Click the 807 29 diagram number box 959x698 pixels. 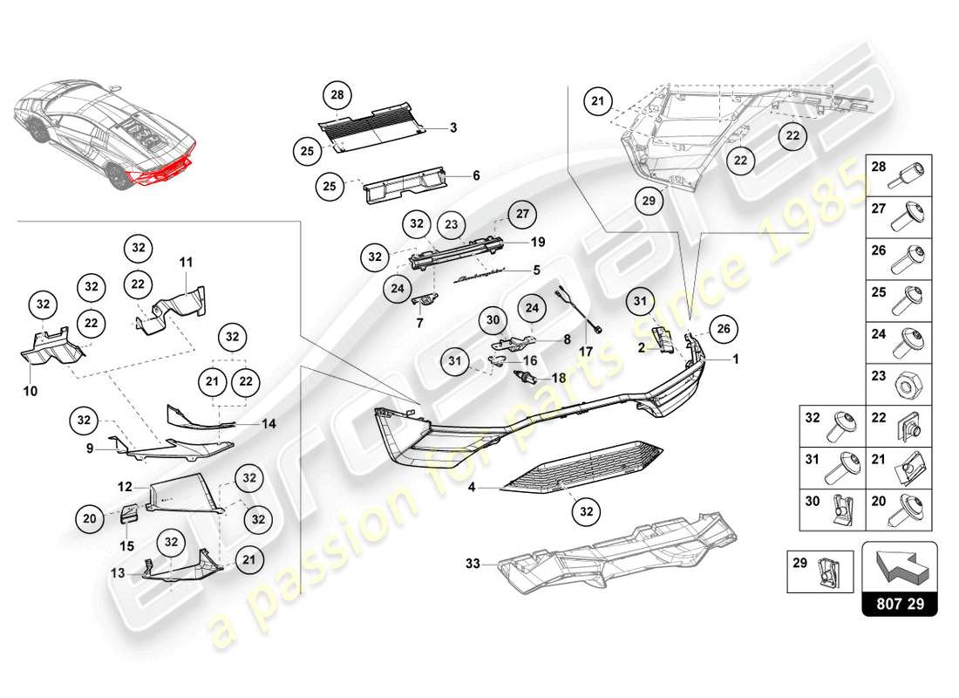[900, 602]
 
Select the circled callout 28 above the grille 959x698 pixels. [336, 94]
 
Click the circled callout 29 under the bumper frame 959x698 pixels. [648, 200]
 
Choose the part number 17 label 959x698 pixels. [586, 351]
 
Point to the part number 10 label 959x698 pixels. [31, 392]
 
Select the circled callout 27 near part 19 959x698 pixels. [520, 215]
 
